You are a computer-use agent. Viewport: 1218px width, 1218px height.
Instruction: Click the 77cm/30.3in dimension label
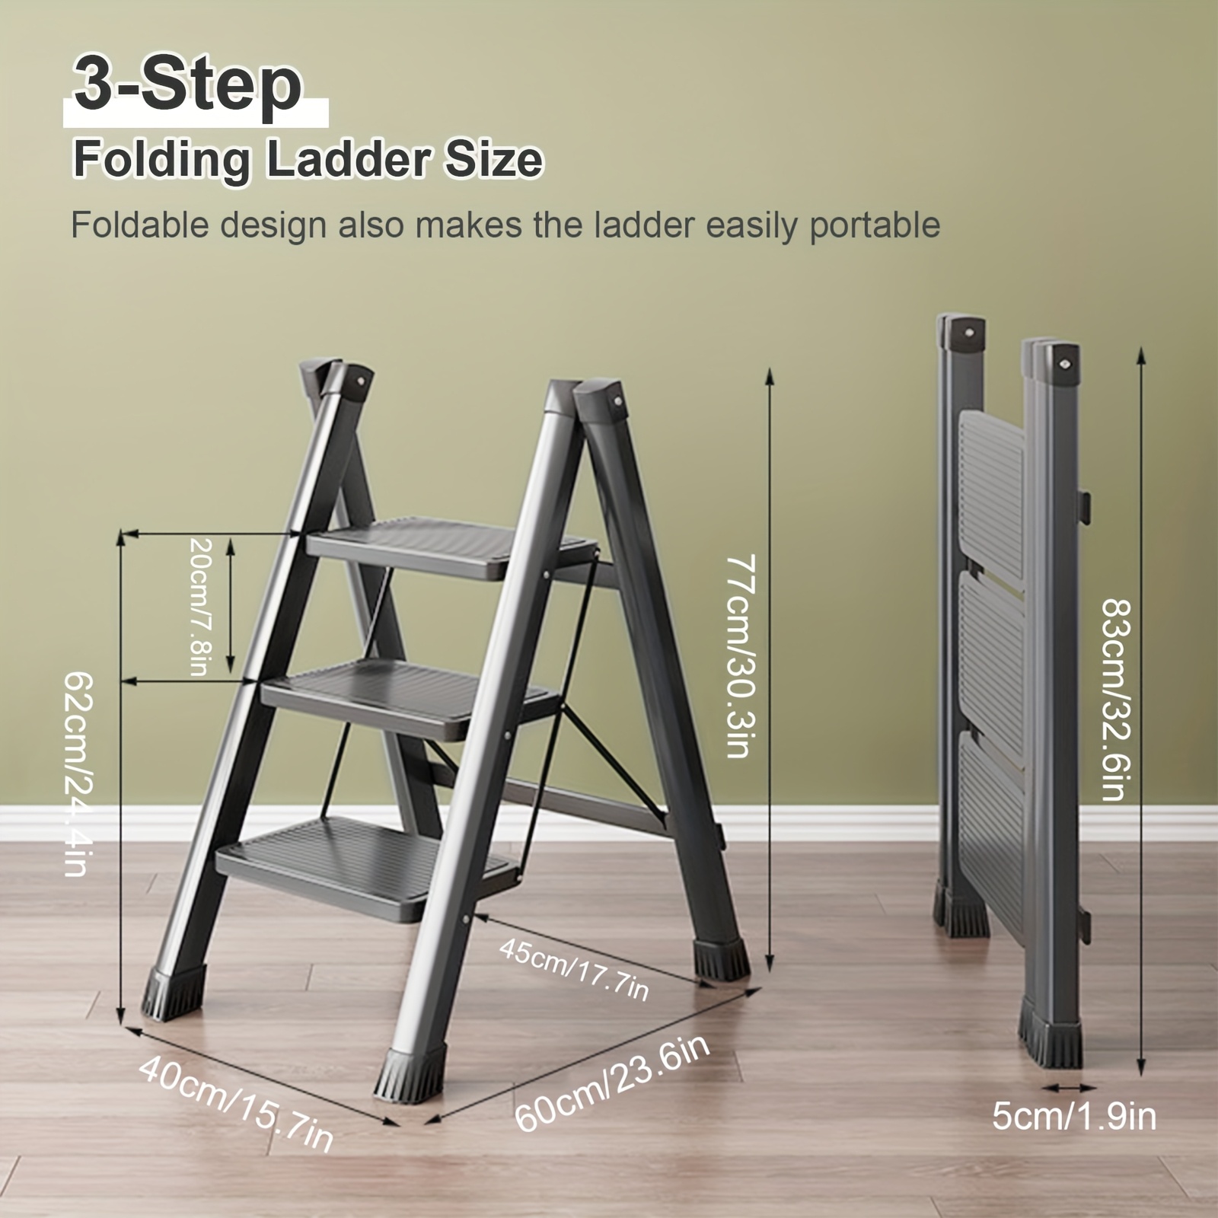[737, 656]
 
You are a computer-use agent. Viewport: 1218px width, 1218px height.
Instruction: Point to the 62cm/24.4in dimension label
[78, 773]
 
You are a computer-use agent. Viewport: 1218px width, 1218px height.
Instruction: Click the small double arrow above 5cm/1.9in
[1070, 1088]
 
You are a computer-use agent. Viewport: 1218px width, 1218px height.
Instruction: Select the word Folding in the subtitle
[161, 161]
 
